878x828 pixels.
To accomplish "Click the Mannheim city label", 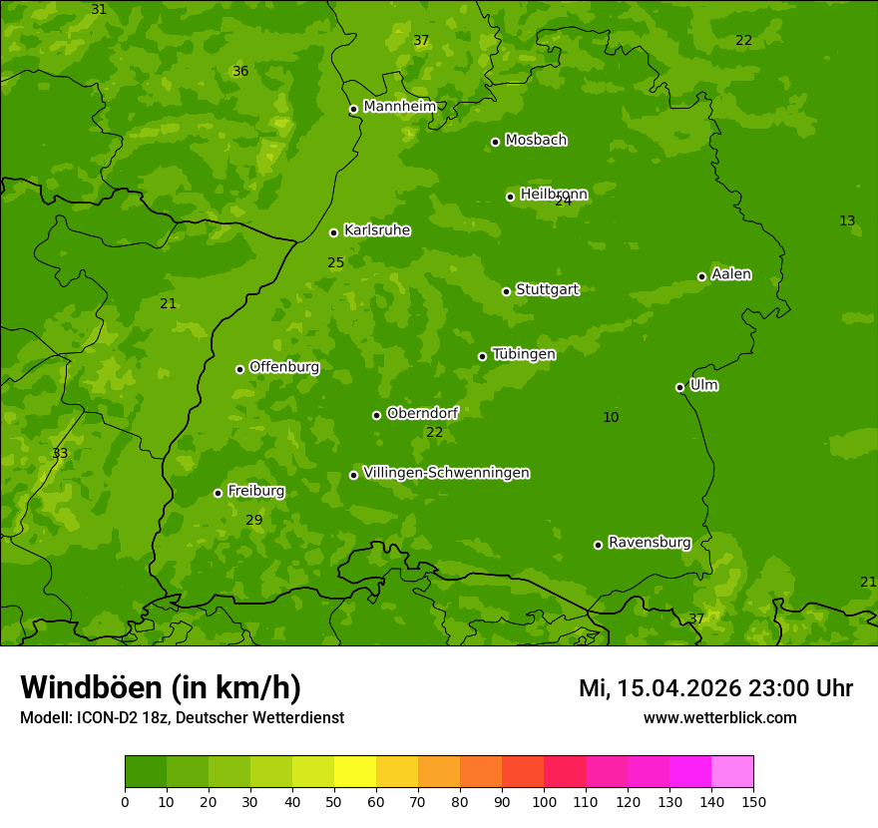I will click(x=399, y=107).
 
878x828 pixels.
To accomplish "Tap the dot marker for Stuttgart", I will click(x=506, y=291).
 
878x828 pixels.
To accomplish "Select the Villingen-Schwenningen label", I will click(x=446, y=473).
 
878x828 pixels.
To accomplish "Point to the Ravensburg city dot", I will click(x=598, y=545).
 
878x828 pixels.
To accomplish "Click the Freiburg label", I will click(x=255, y=491).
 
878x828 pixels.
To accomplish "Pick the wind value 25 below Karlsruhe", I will click(x=335, y=263).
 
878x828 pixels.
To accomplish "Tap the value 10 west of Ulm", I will click(x=611, y=417).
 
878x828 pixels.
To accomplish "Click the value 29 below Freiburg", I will click(x=253, y=520).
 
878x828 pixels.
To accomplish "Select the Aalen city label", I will click(x=731, y=274).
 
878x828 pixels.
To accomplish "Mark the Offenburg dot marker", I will click(x=239, y=369).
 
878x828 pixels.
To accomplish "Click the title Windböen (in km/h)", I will click(x=161, y=687).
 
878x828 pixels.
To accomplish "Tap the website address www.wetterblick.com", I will click(x=719, y=717).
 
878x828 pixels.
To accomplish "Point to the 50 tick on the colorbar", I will click(x=334, y=801).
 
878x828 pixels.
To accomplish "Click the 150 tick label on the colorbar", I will click(x=753, y=801).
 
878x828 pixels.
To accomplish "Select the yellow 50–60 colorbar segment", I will click(x=355, y=772).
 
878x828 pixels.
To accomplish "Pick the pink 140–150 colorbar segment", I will click(x=732, y=772).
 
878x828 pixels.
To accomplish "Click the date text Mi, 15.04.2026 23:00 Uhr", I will click(x=715, y=688).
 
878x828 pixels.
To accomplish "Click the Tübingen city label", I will click(x=523, y=354).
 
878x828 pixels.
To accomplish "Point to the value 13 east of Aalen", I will click(x=847, y=220).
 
